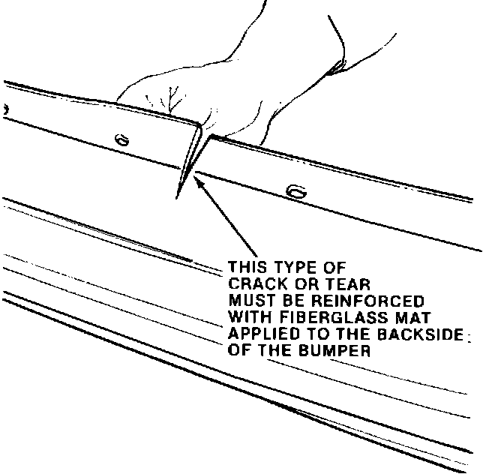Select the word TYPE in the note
tap(292, 267)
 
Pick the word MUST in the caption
tap(248, 298)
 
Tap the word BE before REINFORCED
tap(284, 298)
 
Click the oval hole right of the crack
tap(298, 193)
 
